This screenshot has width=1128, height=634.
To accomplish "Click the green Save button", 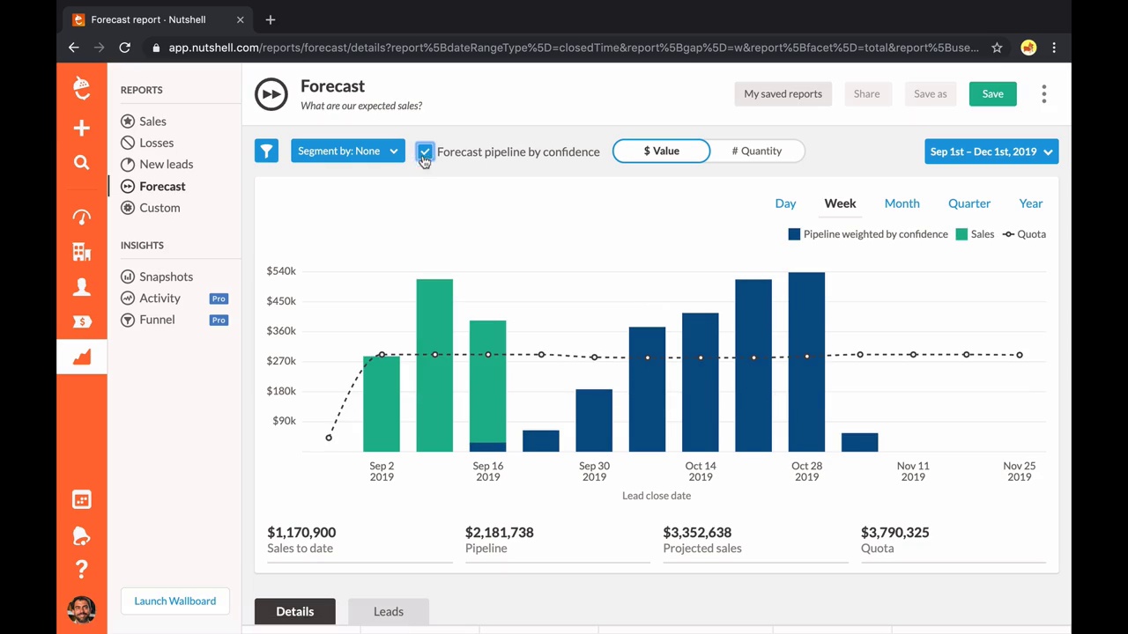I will [x=992, y=94].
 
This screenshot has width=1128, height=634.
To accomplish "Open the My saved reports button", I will [x=783, y=94].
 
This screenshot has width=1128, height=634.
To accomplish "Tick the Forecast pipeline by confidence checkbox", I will [x=425, y=151].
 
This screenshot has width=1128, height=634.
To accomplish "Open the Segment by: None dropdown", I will [x=347, y=151].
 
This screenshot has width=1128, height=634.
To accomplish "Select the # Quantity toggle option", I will [x=756, y=151].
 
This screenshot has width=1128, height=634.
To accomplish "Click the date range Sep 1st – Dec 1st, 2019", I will [x=991, y=151].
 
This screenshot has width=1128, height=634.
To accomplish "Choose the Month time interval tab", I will [x=902, y=203].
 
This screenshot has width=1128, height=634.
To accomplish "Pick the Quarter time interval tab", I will [x=968, y=203].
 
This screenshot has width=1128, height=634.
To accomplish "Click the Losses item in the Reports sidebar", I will [x=156, y=143].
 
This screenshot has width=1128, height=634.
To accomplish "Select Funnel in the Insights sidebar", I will [x=157, y=320].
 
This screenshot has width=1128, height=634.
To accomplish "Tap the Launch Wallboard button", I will [x=174, y=601].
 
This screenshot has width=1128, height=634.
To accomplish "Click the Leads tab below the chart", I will [x=388, y=612].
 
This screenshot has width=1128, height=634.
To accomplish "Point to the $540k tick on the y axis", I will [x=281, y=271].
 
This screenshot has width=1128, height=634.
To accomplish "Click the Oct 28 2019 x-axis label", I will [x=806, y=471].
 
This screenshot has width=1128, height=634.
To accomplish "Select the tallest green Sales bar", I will [x=434, y=365].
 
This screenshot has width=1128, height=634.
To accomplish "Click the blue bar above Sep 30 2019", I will [x=594, y=420].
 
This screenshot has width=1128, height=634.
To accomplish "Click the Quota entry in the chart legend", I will [x=1024, y=234].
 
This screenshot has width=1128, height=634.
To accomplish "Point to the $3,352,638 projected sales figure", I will [x=696, y=533].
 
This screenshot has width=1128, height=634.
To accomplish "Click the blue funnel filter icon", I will [x=266, y=151].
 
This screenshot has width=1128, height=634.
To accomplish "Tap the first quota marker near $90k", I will [x=329, y=438].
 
